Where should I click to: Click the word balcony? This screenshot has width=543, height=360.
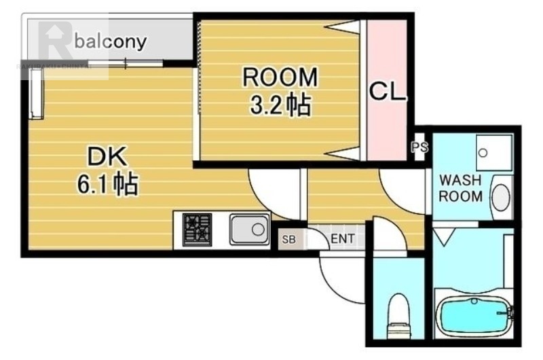[111, 42]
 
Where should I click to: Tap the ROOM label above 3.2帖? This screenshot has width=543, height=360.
[280, 77]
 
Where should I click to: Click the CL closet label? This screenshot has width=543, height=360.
[387, 92]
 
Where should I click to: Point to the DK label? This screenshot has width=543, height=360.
[107, 158]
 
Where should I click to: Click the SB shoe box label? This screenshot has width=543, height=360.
[288, 239]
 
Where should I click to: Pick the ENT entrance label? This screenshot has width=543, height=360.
[343, 239]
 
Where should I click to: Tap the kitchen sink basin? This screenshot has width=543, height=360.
[249, 229]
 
